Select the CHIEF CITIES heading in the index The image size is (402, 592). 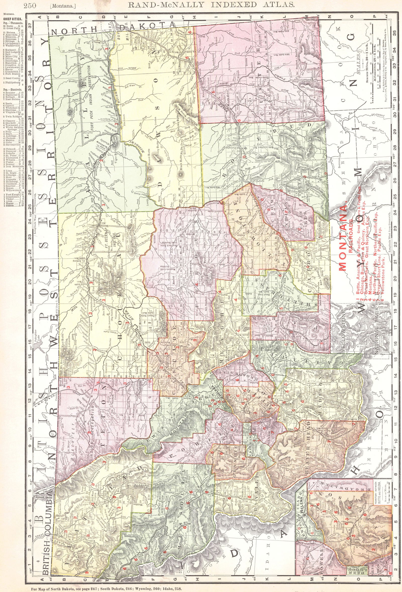click(12, 19)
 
